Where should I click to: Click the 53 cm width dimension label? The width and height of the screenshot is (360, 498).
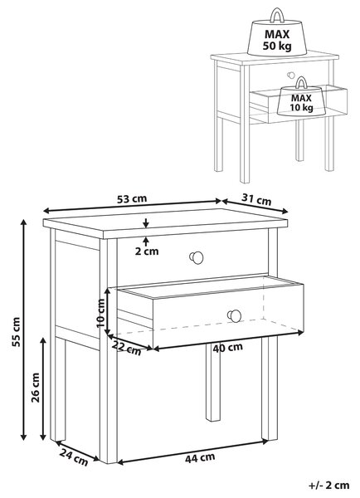132,199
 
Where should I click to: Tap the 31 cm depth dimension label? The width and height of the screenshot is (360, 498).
256,200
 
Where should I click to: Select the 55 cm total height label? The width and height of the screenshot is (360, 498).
16,331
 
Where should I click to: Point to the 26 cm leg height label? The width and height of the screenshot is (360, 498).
36,388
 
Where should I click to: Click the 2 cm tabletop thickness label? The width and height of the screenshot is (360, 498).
147,251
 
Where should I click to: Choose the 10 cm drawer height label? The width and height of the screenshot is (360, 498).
100,313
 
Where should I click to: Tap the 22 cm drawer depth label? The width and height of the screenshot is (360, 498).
127,349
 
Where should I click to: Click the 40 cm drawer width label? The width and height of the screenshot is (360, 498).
227,348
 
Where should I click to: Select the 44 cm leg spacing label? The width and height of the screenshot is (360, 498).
200,457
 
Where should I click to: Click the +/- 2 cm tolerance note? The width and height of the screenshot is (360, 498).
328,486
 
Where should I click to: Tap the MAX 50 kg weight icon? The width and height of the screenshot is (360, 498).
277,32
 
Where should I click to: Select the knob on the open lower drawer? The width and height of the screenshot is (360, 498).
234,316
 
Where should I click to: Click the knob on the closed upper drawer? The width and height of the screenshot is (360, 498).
197,257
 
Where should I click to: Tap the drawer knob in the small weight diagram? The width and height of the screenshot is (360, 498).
291,76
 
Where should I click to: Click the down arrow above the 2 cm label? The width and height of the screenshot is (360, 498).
146,223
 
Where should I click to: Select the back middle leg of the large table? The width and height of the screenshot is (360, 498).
212,382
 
